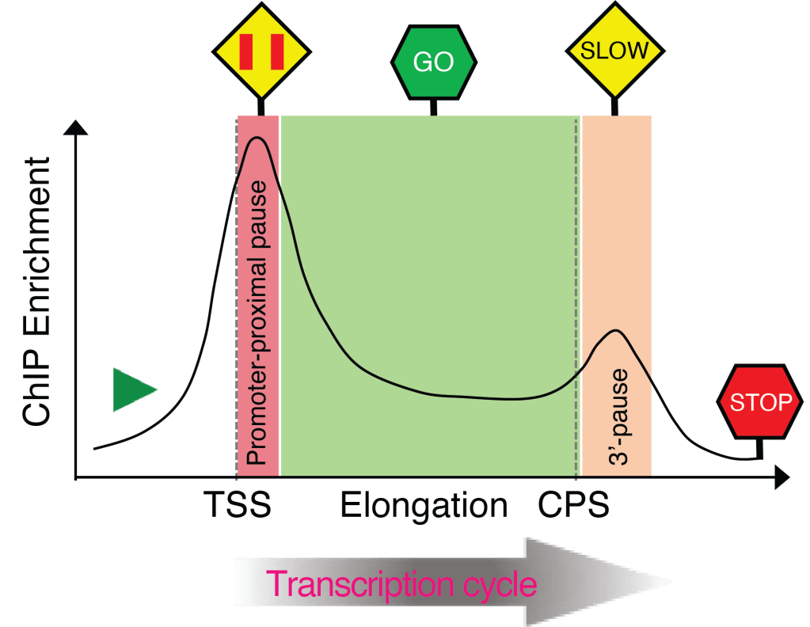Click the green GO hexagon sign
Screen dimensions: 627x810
pyautogui.click(x=434, y=62)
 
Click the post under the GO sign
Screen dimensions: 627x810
pyautogui.click(x=433, y=107)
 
